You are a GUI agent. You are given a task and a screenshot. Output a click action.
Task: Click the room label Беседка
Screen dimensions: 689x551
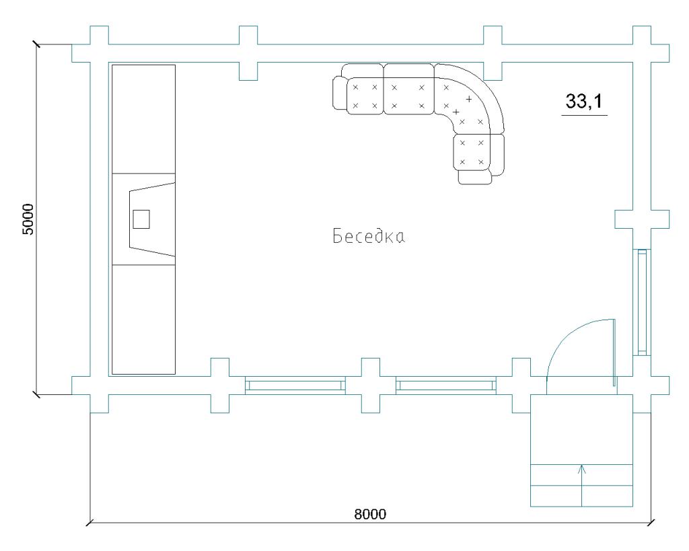pyautogui.click(x=368, y=236)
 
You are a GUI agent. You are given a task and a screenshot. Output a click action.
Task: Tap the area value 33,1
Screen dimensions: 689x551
pyautogui.click(x=584, y=101)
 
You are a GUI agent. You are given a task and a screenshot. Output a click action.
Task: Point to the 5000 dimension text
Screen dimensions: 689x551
pyautogui.click(x=28, y=219)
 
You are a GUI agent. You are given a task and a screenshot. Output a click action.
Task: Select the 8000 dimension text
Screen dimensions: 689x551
pyautogui.click(x=370, y=513)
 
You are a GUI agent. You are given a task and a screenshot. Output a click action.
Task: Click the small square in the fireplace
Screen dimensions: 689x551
pyautogui.click(x=141, y=219)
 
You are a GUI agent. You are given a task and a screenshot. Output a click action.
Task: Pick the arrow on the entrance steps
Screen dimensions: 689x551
pyautogui.click(x=582, y=485)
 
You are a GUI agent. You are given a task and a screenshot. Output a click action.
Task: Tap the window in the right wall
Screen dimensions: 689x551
pyautogui.click(x=642, y=302)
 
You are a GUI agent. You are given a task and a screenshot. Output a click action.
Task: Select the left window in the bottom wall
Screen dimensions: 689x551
pyautogui.click(x=295, y=385)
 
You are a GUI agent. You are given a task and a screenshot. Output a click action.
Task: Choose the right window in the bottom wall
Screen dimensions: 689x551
pyautogui.click(x=446, y=385)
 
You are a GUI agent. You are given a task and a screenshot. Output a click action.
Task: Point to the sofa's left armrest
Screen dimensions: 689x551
pyautogui.click(x=339, y=93)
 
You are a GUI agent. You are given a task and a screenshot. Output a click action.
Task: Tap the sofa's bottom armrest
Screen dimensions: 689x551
pyautogui.click(x=474, y=177)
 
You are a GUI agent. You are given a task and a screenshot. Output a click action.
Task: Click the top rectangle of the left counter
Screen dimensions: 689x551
pyautogui.click(x=144, y=119)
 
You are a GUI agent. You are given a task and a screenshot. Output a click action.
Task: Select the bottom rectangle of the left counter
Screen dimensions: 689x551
pyautogui.click(x=144, y=320)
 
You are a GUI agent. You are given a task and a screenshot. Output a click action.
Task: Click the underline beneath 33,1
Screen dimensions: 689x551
pyautogui.click(x=585, y=115)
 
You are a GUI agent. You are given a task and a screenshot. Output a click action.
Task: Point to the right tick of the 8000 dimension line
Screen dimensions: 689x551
pyautogui.click(x=651, y=523)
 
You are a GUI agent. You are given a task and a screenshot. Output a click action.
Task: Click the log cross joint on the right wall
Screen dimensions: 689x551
pyautogui.click(x=642, y=219)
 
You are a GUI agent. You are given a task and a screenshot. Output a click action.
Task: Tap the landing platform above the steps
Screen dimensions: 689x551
pyautogui.click(x=582, y=429)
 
